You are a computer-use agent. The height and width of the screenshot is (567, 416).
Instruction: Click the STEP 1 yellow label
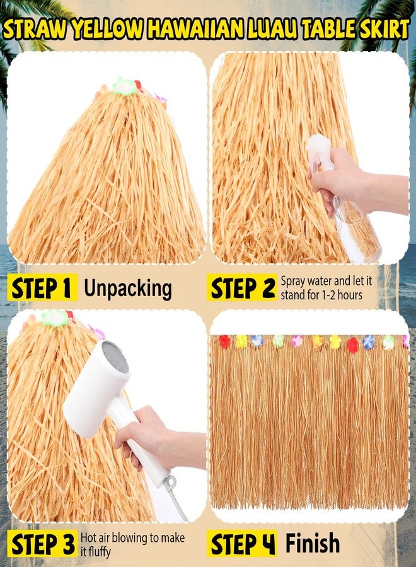[42, 287]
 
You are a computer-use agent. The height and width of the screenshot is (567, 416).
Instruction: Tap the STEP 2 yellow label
[241, 287]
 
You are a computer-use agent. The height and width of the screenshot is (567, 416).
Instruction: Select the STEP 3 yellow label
[42, 544]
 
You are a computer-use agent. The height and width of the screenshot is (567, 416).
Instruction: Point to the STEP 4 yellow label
[242, 544]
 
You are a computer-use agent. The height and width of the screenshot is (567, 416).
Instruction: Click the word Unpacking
[128, 289]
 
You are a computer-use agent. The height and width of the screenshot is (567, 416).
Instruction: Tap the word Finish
[313, 543]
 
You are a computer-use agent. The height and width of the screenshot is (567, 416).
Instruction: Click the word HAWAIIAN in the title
[195, 30]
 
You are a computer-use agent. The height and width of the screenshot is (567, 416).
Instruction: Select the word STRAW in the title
[35, 30]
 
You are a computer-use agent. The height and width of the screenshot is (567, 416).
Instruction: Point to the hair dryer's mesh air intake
[115, 358]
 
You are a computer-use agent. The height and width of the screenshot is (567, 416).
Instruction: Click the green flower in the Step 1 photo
[124, 86]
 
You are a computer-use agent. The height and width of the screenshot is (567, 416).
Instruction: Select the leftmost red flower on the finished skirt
[224, 341]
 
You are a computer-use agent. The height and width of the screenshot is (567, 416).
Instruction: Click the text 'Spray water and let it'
[326, 281]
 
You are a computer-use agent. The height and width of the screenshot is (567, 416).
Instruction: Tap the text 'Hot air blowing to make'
[132, 538]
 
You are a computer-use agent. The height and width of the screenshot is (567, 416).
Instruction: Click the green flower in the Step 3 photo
[55, 319]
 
